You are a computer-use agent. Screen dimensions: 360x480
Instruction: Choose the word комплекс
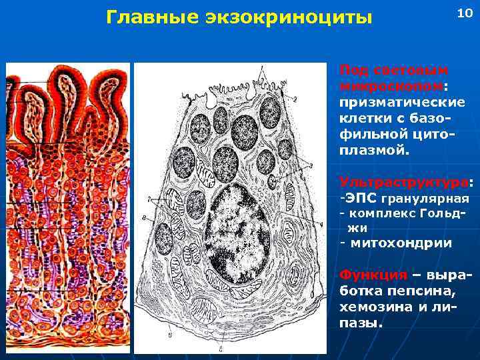pyautogui.click(x=381, y=213)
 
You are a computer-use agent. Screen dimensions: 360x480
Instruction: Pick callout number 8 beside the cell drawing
pyautogui.click(x=145, y=218)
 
